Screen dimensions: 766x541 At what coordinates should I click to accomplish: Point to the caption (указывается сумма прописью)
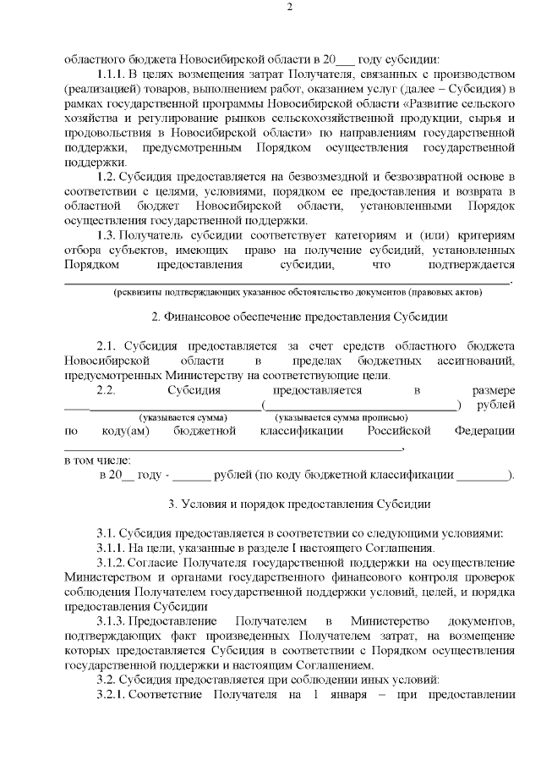tap(342, 417)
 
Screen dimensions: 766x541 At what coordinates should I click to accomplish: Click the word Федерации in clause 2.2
tap(484, 432)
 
